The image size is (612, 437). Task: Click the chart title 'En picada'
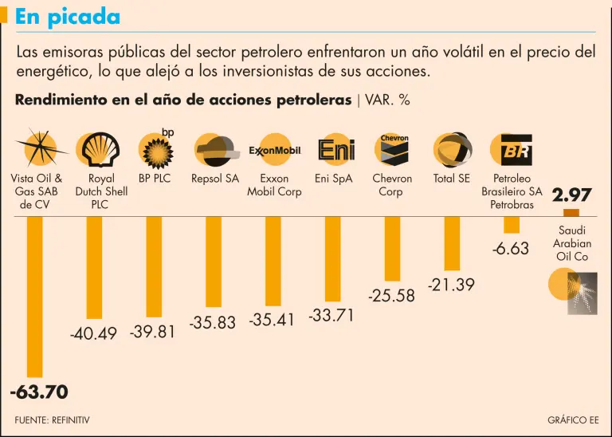[68, 17]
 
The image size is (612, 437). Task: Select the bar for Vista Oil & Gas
[34, 295]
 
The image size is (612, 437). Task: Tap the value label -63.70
[39, 392]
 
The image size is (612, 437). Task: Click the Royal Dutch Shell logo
[95, 149]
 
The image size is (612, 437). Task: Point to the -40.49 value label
[94, 334]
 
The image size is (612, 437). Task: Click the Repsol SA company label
[215, 179]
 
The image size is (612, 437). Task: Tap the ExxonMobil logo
[274, 149]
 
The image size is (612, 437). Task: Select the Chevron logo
[393, 149]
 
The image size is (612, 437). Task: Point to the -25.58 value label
[391, 296]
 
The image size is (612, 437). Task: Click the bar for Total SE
[452, 243]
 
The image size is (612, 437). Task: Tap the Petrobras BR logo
[511, 149]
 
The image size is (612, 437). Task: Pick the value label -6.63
[511, 249]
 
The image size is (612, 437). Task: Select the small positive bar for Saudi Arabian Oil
[571, 213]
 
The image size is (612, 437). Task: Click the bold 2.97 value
[571, 195]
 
